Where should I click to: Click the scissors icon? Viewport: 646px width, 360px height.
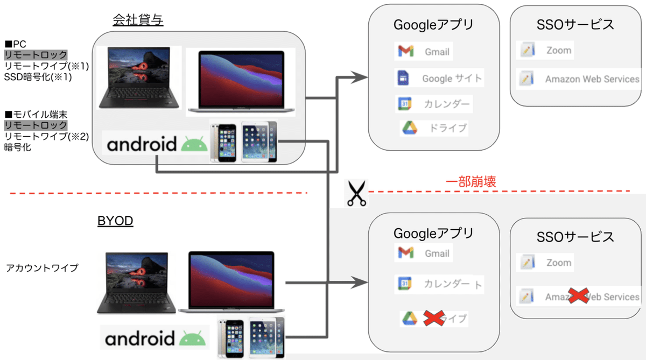(355, 193)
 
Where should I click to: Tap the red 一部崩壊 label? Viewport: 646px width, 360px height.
(471, 182)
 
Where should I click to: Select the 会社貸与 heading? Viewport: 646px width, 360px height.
(138, 20)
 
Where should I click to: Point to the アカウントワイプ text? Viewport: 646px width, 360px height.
(43, 267)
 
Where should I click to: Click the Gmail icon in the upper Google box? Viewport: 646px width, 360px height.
(405, 51)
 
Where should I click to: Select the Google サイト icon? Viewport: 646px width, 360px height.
(404, 78)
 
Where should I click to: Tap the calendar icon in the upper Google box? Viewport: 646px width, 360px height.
(405, 103)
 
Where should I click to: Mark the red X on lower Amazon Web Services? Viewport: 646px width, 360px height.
(578, 297)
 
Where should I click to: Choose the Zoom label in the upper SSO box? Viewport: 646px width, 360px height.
(558, 51)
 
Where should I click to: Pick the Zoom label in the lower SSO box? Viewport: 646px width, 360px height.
(558, 263)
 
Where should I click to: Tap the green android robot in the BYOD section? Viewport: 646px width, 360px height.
(192, 338)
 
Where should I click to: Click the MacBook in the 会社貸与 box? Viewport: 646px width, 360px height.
(241, 82)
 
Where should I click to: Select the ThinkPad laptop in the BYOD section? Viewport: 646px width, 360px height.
(137, 283)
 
